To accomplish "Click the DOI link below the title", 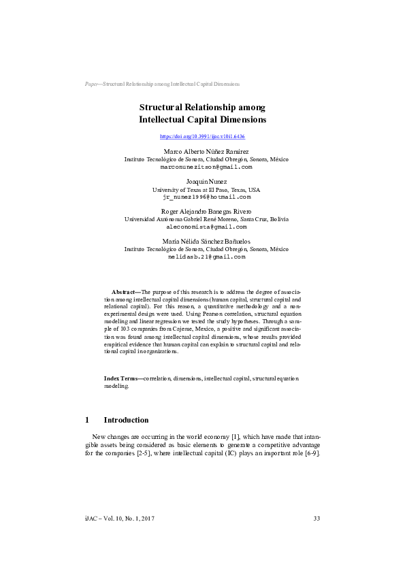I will [202, 137].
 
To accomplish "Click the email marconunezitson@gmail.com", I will [206, 166].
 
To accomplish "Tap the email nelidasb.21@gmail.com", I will [206, 257].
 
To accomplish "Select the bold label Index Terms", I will [120, 378].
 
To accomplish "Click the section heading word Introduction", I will [126, 420].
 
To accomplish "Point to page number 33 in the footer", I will [317, 519].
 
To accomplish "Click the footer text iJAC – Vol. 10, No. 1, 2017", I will [118, 519].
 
